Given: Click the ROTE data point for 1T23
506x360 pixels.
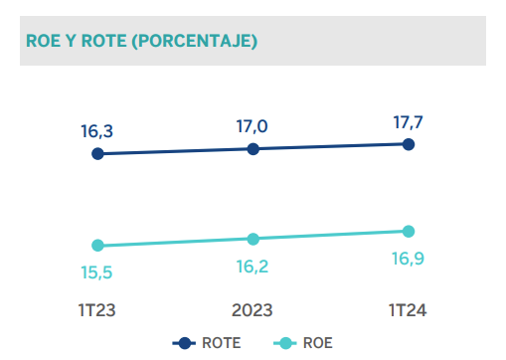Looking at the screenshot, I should tap(97, 153).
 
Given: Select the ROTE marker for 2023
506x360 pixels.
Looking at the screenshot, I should tap(253, 148).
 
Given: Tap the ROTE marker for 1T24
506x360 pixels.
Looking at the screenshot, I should tap(409, 143).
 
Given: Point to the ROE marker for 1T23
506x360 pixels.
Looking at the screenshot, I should tap(97, 245).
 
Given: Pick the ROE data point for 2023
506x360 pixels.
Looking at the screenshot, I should tap(253, 239).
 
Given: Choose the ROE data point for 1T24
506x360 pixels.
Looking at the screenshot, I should tap(409, 232).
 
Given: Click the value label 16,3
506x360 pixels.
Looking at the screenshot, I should tap(97, 130).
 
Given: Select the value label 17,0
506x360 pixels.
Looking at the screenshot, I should tap(253, 125).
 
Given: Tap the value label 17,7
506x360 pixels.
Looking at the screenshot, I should tap(410, 120).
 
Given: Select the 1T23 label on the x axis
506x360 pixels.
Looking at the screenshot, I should tap(97, 310).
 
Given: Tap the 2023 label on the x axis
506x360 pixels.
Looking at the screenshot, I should tap(253, 310).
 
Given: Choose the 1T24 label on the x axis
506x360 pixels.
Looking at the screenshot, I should tap(409, 310).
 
